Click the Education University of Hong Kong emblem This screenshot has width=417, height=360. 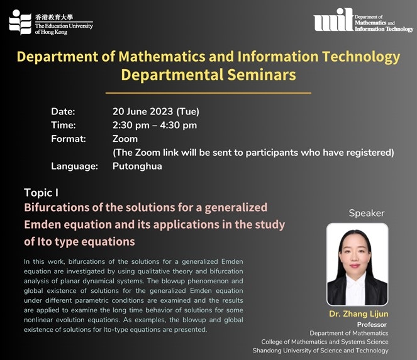coord(20,22)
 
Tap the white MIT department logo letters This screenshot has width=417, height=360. coord(333,19)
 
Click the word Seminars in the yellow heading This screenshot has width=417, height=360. coord(262,75)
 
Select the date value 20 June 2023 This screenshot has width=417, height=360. coord(143,111)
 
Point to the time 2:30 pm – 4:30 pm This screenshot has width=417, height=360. coord(155,125)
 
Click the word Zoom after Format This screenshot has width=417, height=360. coord(125,139)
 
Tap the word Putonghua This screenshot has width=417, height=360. coord(137,166)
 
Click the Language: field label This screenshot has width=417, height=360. coord(74,166)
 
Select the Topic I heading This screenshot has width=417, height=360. coord(42,193)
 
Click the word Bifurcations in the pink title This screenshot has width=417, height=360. coord(57,207)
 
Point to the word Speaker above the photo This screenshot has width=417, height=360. coord(367,213)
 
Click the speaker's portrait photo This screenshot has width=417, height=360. coord(357,265)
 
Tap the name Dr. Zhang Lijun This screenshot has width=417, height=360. coord(359,314)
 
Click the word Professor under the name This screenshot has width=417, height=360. coord(372,325)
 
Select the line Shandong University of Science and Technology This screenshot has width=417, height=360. coord(321,351)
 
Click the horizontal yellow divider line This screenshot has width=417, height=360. coord(208,93)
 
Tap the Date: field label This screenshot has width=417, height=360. coord(63,111)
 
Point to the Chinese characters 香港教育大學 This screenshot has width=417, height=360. coord(54,17)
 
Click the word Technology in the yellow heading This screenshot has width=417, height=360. coord(361,57)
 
